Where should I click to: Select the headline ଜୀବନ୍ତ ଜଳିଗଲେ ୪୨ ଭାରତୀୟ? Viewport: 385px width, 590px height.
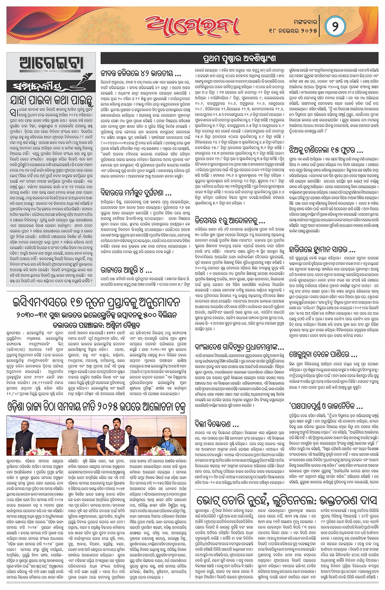(x=141, y=74)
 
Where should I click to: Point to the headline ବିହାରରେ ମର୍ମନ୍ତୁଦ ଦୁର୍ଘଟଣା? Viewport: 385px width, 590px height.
(x=136, y=193)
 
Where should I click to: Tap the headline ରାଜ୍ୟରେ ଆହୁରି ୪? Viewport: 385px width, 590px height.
(x=126, y=270)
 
